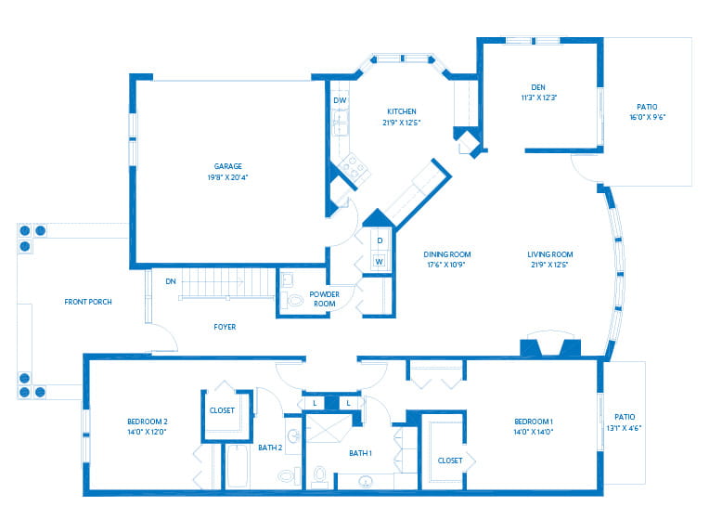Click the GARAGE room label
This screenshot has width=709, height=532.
[x=228, y=166]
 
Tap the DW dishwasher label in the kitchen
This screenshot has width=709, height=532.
[x=340, y=100]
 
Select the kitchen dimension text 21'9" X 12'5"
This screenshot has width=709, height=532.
[x=402, y=123]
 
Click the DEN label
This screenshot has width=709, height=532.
[x=538, y=87]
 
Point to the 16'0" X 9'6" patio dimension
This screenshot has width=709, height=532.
[x=648, y=117]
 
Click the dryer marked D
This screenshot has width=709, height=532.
[x=380, y=241]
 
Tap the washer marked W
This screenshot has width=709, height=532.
[x=380, y=262]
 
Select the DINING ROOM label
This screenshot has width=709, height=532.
[x=447, y=254]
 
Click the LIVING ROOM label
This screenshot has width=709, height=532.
[x=549, y=254]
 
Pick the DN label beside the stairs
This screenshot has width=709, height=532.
[x=171, y=281]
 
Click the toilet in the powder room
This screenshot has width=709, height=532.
[x=294, y=300]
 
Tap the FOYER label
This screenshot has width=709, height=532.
[x=225, y=327]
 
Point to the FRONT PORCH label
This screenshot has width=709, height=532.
[x=88, y=302]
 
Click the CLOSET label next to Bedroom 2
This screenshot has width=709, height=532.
[x=222, y=410]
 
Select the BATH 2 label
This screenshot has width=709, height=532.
[x=270, y=448]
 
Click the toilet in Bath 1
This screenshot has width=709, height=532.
[x=319, y=476]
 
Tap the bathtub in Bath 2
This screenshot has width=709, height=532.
[x=237, y=467]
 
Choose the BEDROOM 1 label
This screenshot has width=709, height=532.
[x=534, y=422]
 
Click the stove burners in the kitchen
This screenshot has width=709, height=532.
[x=354, y=166]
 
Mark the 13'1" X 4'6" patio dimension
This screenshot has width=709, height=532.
[x=624, y=428]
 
